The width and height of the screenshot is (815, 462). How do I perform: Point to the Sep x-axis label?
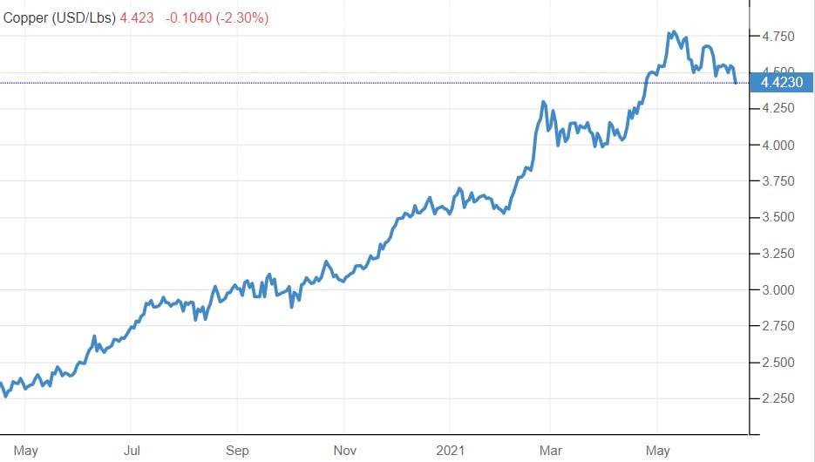click(237, 451)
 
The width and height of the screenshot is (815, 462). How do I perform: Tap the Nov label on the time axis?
click(344, 451)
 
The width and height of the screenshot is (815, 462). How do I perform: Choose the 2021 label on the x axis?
click(450, 451)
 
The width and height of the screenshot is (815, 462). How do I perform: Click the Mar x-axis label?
click(551, 451)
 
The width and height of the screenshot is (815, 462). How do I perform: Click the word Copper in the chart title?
click(26, 17)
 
